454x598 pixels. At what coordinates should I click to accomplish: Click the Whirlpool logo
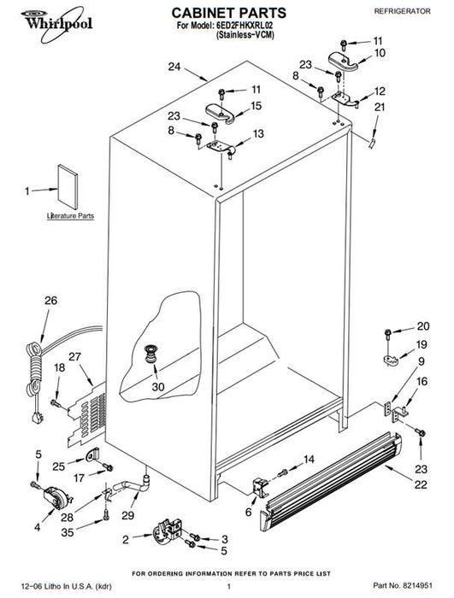(56, 23)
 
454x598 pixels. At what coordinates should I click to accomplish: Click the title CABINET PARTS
(229, 13)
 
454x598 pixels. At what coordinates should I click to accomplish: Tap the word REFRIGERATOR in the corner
(402, 11)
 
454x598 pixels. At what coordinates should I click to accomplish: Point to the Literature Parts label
(70, 216)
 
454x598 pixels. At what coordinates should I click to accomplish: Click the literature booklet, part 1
(68, 186)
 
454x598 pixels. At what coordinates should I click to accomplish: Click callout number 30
(158, 386)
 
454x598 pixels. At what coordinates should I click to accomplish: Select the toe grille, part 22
(331, 481)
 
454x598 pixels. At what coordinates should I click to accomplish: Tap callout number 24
(174, 67)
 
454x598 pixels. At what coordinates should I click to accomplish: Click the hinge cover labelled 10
(343, 61)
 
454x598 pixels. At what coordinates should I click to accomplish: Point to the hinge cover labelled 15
(221, 114)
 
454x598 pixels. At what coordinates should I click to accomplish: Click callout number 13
(258, 134)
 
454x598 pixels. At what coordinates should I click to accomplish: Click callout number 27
(75, 356)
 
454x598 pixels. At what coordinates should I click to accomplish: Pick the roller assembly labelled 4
(56, 498)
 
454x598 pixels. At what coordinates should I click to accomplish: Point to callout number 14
(309, 460)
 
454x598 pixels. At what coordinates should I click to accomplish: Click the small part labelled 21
(372, 144)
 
